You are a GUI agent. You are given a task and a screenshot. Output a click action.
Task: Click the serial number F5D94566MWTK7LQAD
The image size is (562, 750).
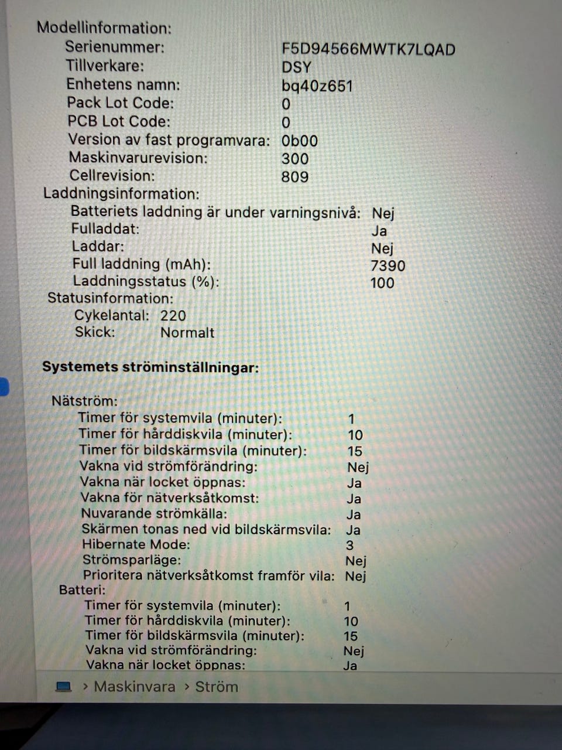(368, 49)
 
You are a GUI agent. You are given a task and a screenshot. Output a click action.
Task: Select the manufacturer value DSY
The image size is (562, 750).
(296, 67)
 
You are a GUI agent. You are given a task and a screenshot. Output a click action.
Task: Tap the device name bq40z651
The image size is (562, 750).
(317, 86)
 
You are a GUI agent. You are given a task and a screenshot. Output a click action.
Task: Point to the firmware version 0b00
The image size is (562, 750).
(299, 141)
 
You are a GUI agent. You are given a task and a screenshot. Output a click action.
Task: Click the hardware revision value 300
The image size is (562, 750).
(294, 158)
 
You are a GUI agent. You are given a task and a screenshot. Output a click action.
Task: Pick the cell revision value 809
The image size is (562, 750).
(294, 176)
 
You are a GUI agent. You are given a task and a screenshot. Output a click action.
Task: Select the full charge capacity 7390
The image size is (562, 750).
(388, 265)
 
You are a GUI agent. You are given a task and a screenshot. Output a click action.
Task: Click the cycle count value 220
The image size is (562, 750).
(173, 315)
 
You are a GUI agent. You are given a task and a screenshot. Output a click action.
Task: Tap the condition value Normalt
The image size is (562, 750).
(187, 332)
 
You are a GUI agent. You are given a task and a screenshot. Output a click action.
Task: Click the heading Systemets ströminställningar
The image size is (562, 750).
(150, 368)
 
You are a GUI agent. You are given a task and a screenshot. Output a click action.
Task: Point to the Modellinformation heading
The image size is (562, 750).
(104, 28)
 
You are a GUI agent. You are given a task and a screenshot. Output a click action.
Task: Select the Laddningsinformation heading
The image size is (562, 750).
(121, 194)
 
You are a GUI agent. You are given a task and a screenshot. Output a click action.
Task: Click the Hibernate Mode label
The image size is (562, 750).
(136, 544)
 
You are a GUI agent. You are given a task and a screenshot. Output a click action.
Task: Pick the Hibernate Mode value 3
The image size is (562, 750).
(349, 545)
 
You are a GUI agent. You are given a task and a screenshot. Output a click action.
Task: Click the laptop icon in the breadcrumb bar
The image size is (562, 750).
(63, 686)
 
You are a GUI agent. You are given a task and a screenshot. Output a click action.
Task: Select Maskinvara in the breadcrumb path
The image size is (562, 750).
(134, 686)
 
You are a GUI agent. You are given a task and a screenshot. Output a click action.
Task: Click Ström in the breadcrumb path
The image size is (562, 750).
(216, 686)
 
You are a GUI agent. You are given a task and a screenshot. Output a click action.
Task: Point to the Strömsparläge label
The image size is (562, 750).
(132, 560)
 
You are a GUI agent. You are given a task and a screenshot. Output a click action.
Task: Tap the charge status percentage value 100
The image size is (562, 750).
(382, 283)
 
